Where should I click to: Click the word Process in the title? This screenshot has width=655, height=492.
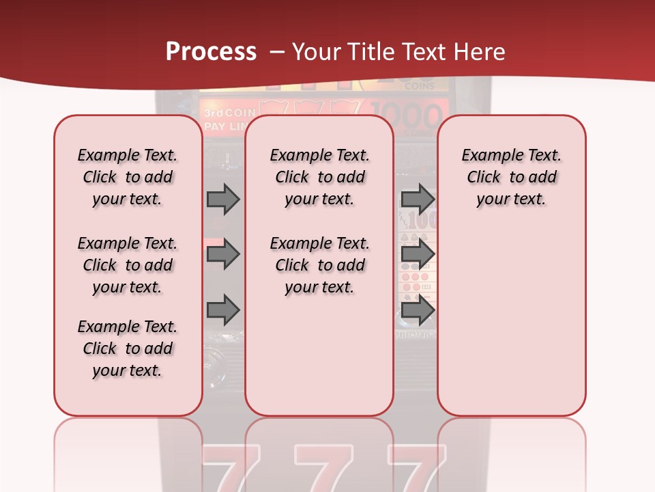tap(211, 52)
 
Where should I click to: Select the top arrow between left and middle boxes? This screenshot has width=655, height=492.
tap(223, 200)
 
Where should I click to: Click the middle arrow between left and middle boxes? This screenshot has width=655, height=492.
tap(223, 254)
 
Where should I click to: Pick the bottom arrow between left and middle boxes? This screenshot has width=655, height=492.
tap(223, 310)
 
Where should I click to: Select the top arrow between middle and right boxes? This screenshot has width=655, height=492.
tap(418, 200)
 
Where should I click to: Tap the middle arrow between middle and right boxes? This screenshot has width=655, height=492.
tap(418, 254)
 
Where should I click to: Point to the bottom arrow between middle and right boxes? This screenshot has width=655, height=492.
tap(418, 310)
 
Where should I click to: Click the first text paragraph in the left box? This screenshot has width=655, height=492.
tap(128, 177)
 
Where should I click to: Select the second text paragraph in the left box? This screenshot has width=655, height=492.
tap(128, 265)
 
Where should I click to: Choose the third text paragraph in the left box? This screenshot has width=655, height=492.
tap(128, 348)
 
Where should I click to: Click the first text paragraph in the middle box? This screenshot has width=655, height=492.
tap(319, 177)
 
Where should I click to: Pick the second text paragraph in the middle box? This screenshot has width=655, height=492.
tap(319, 265)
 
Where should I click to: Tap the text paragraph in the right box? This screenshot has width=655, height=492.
tap(511, 177)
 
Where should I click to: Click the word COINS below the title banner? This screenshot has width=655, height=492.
tap(420, 87)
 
